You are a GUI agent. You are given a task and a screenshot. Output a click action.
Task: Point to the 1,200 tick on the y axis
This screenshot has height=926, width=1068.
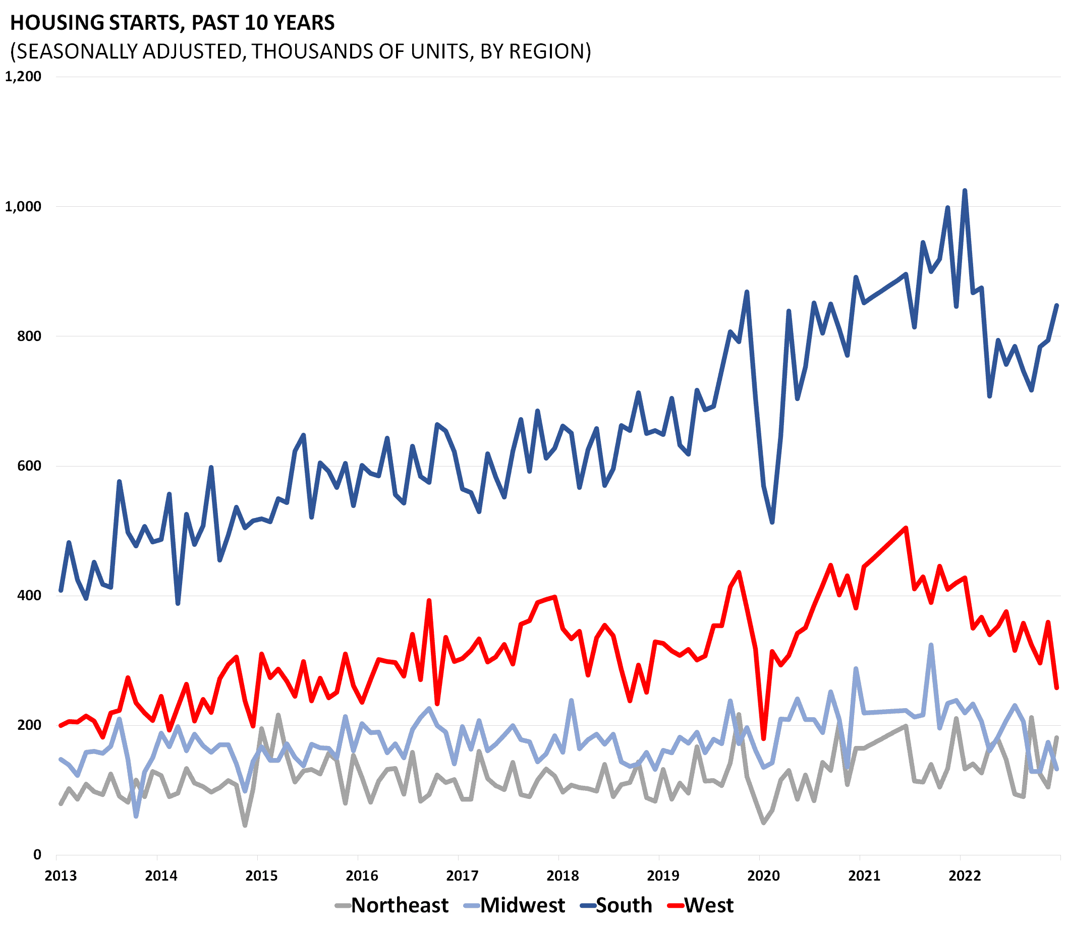click(23, 77)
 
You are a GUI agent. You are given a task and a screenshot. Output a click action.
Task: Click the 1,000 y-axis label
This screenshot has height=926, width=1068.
click(23, 207)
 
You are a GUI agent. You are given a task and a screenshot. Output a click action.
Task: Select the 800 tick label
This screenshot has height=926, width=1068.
click(29, 336)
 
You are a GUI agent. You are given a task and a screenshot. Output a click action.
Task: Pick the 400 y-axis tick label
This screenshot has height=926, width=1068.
click(29, 595)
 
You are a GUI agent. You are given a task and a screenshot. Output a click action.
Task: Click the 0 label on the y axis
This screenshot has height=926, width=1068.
click(37, 855)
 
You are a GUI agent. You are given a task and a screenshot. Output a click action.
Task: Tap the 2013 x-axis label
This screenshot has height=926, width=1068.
click(61, 876)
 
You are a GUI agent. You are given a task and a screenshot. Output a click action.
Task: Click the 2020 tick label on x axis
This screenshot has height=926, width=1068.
click(763, 876)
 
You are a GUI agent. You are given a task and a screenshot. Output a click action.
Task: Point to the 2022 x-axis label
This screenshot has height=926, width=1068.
click(965, 876)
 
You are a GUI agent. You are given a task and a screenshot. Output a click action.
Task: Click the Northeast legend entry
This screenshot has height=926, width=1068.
click(400, 905)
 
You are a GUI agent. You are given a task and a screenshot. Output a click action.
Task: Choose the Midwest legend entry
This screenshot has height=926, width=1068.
click(522, 905)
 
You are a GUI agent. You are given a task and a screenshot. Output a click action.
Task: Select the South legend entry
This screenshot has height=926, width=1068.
click(624, 905)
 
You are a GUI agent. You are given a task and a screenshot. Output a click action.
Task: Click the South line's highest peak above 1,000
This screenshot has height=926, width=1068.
click(965, 191)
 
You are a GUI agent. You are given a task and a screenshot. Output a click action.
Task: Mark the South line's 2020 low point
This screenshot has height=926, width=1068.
click(772, 523)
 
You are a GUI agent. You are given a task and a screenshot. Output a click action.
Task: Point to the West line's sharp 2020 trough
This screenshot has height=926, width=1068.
click(763, 738)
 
